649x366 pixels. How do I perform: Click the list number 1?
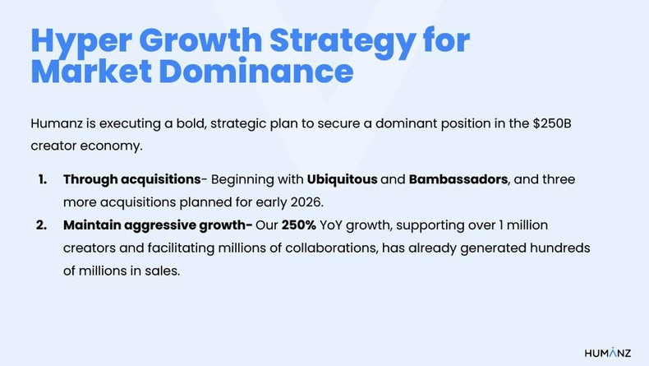[x=42, y=179]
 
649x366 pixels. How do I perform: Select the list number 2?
[x=42, y=225]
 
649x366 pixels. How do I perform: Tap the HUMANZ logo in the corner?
[x=608, y=352]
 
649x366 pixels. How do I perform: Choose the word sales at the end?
[x=161, y=271]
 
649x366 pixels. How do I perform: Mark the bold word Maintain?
[x=94, y=225]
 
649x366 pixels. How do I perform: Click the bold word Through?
[x=90, y=179]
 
